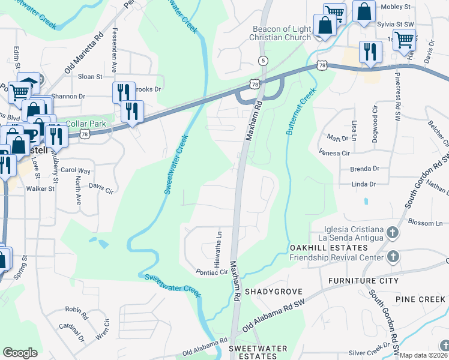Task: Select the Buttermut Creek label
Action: click(x=301, y=112)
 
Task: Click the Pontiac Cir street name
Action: click(x=212, y=272)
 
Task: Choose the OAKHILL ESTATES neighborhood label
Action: click(x=319, y=248)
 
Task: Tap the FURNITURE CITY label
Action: click(x=363, y=281)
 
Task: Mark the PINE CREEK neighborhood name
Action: click(x=420, y=299)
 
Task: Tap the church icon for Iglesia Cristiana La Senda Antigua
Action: click(x=392, y=232)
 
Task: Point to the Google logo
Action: click(x=20, y=353)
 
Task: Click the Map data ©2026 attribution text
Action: click(x=424, y=355)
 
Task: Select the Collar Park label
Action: click(x=85, y=124)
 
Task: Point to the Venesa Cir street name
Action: click(x=337, y=154)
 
